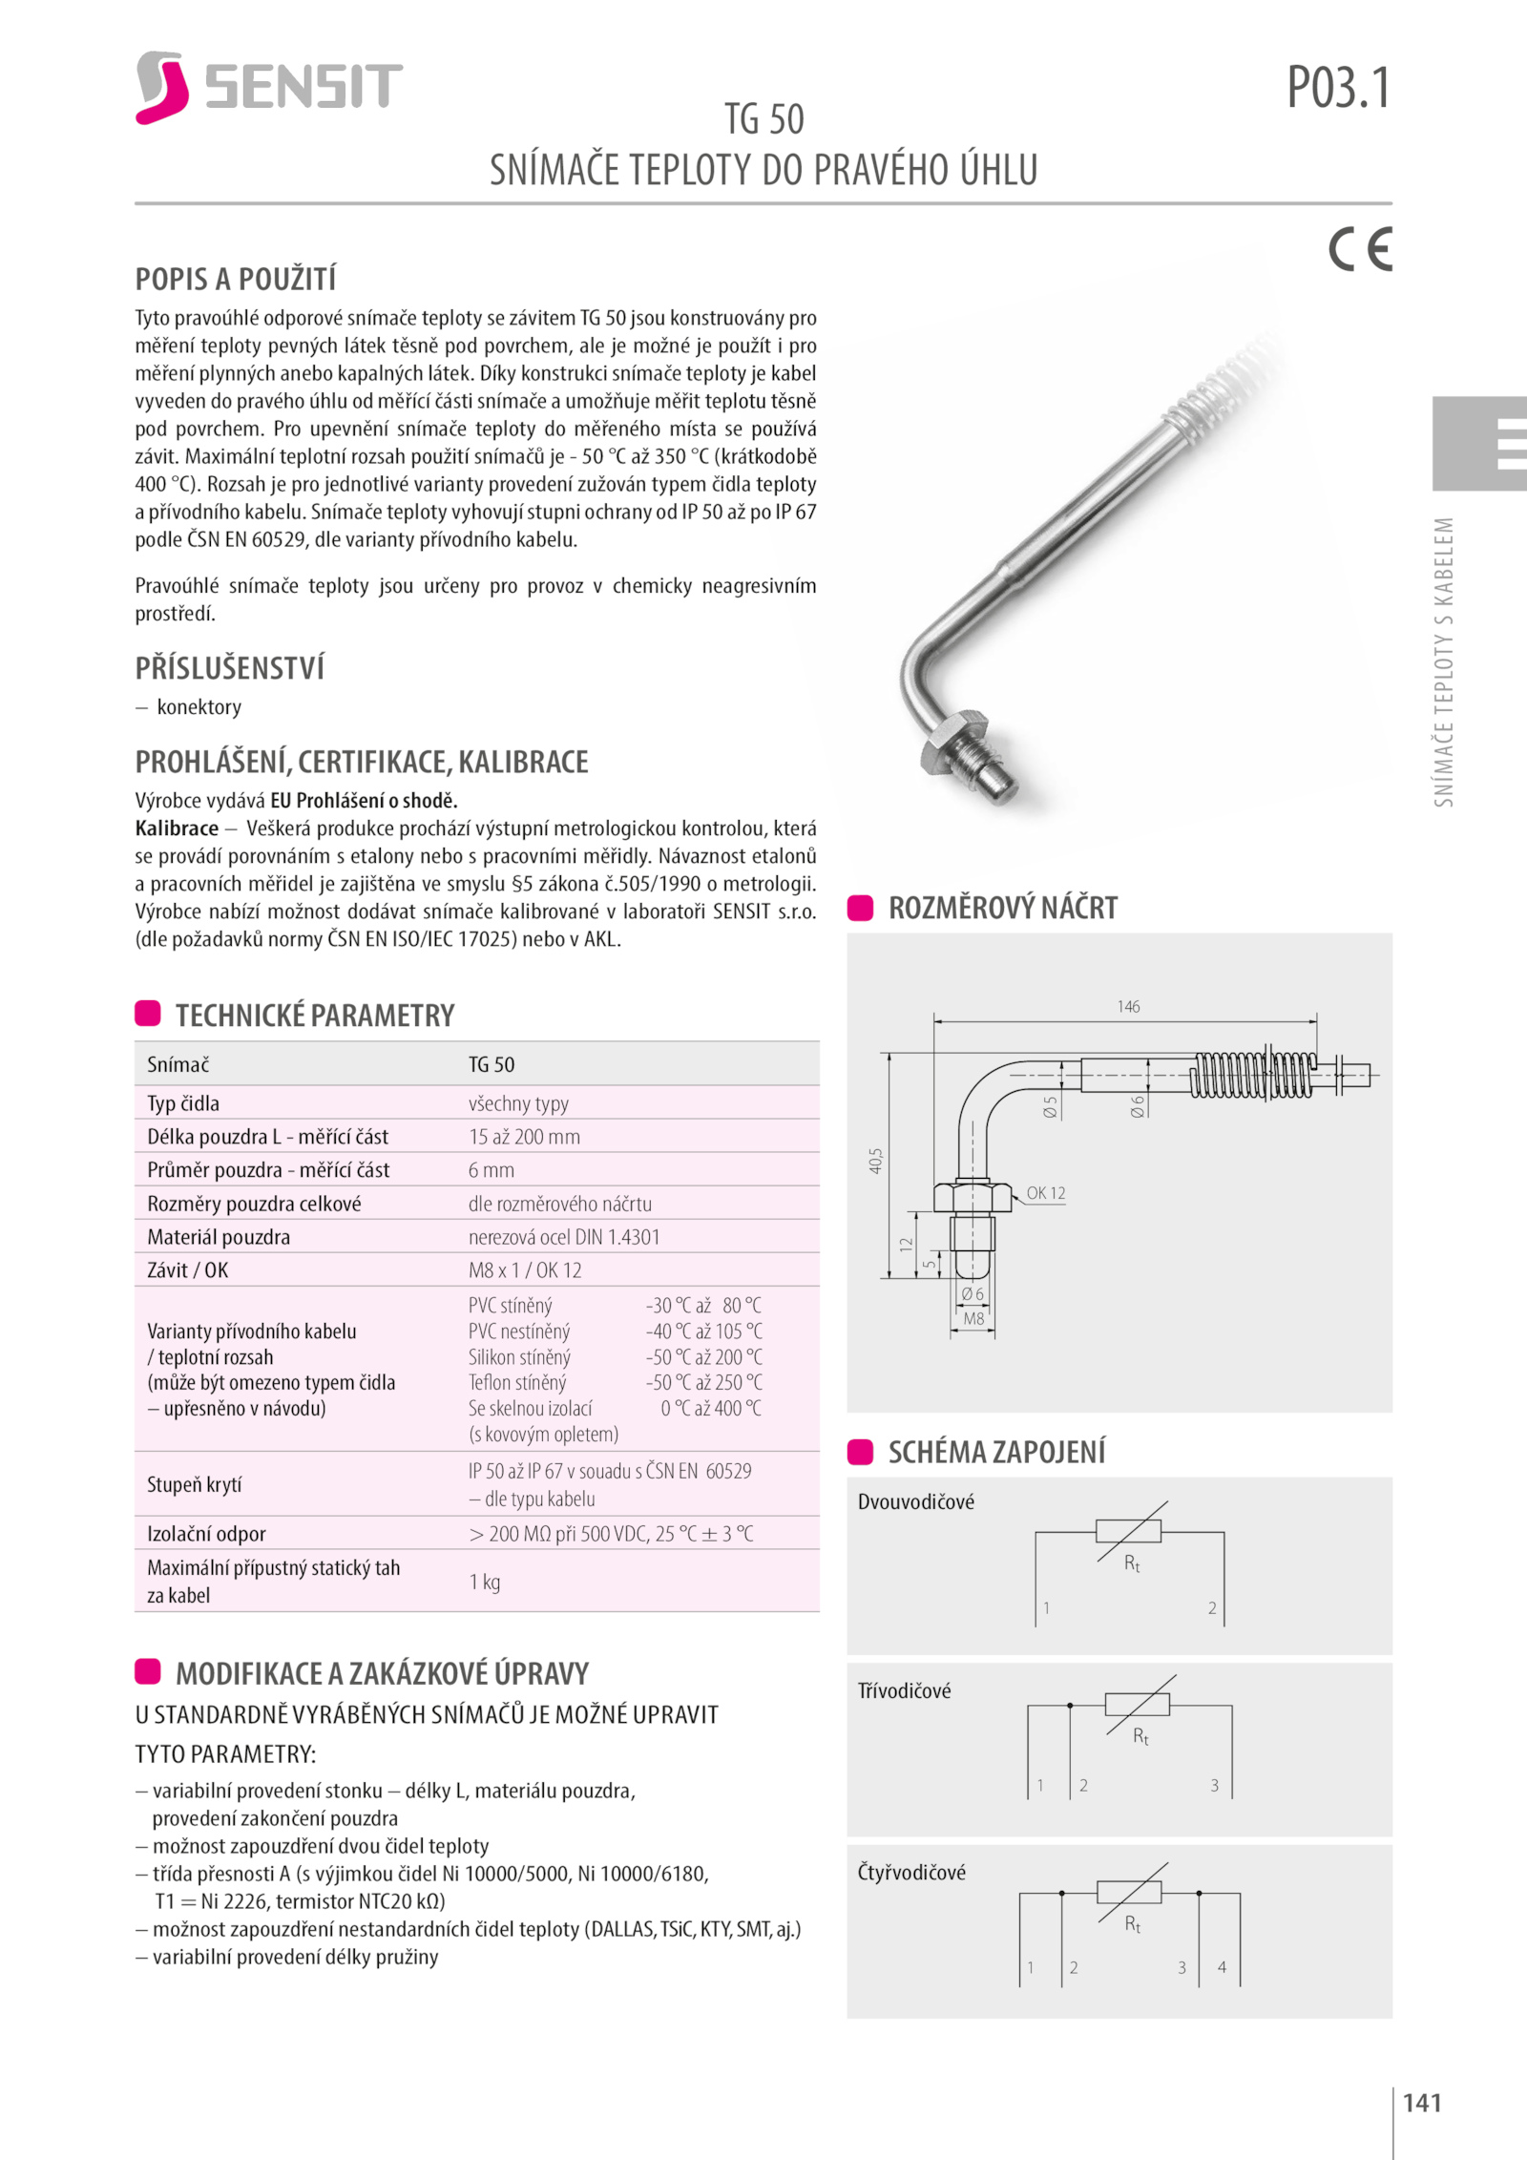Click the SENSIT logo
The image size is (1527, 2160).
(x=268, y=87)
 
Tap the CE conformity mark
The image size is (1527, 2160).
(x=1360, y=249)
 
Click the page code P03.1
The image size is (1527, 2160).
(x=1338, y=88)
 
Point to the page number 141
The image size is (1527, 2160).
(x=1422, y=2103)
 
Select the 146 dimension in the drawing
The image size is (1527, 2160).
(x=1128, y=1007)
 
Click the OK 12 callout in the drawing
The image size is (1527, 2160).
(x=1045, y=1193)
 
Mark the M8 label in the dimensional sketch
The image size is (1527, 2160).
(x=973, y=1319)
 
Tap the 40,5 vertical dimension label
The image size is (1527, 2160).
(x=876, y=1161)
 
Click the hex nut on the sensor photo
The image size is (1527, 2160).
(x=950, y=741)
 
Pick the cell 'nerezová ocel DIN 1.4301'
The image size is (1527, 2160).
(x=563, y=1237)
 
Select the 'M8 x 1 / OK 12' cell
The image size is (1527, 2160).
(x=524, y=1270)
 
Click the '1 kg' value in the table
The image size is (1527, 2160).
(x=484, y=1582)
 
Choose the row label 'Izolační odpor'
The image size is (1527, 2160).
(x=206, y=1534)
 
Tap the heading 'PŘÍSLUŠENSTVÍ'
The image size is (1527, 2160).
(x=229, y=668)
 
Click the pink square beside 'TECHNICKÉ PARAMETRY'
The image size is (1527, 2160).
(x=148, y=1014)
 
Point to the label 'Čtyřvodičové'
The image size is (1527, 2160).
(x=911, y=1873)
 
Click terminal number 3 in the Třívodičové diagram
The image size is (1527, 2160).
(x=1214, y=1785)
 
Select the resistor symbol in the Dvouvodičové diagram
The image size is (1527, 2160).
(x=1128, y=1531)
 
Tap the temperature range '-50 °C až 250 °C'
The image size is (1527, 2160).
(x=703, y=1382)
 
